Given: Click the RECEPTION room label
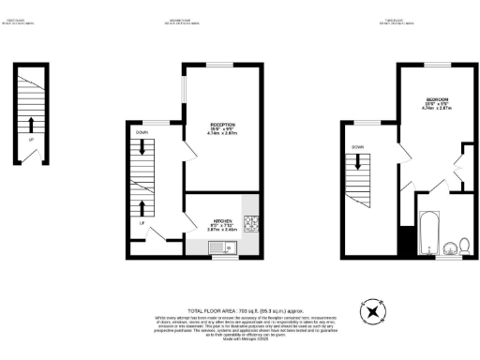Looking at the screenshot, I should point(221,125).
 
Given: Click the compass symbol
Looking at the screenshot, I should point(373,310).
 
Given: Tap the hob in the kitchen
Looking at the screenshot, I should point(250,223).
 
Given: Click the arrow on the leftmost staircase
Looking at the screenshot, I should point(31,123).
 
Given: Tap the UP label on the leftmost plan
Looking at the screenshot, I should point(31,141).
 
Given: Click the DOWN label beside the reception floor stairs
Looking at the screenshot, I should point(141,133).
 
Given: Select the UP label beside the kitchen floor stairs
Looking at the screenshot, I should point(142,223).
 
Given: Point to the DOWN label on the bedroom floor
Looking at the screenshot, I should point(358,147).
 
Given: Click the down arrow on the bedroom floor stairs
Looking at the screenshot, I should point(358,167).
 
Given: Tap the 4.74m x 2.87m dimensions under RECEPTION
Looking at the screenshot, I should point(221,135).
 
